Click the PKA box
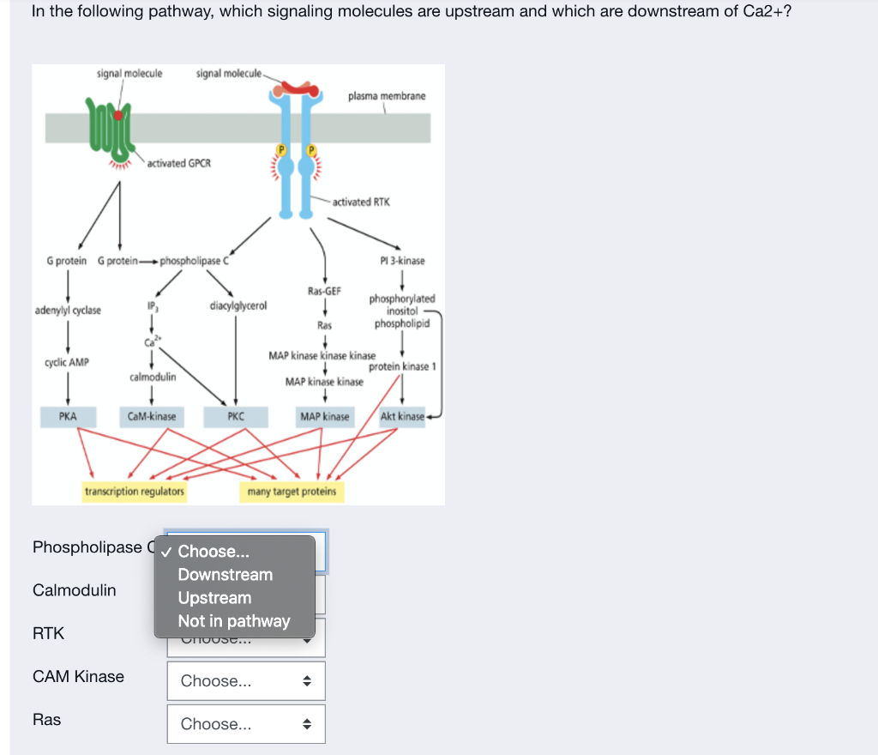(x=68, y=417)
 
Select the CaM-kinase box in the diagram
(x=152, y=417)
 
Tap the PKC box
(x=236, y=417)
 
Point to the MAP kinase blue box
(x=324, y=417)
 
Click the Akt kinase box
(x=402, y=417)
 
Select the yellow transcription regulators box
(x=135, y=492)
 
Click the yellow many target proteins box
(x=292, y=492)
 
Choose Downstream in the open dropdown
(x=225, y=575)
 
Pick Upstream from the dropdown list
(x=214, y=598)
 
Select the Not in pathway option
(x=234, y=621)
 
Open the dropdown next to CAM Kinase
(x=246, y=681)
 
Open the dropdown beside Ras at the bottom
(x=246, y=724)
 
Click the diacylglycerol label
(x=238, y=305)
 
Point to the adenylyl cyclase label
(x=68, y=311)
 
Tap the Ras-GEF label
(x=324, y=292)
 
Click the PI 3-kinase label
(x=402, y=261)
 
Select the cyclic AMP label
(x=67, y=363)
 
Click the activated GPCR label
(x=178, y=163)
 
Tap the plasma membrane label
(x=387, y=96)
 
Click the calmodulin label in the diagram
(x=153, y=377)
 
